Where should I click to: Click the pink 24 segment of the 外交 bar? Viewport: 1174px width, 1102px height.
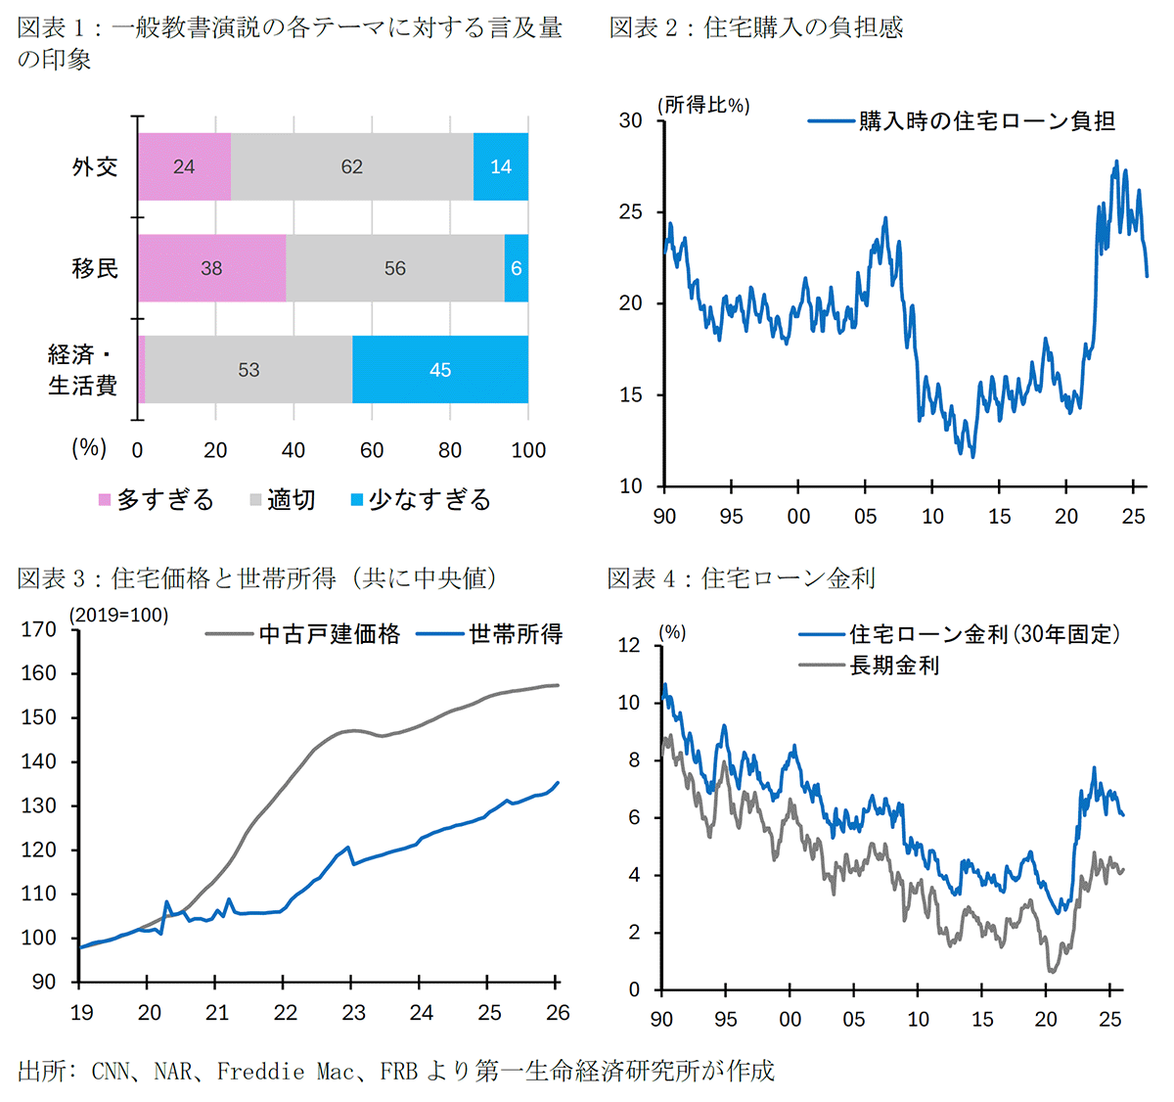click(184, 166)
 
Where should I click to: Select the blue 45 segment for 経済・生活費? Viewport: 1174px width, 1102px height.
click(440, 370)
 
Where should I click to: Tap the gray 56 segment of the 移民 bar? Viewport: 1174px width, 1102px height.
click(395, 268)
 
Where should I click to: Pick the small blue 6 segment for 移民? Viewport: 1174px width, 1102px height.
click(517, 268)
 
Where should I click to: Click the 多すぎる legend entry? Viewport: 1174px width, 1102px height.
click(157, 500)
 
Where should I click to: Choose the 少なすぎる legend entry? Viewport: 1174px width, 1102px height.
click(421, 500)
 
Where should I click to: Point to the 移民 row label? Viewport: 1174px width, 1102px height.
click(95, 268)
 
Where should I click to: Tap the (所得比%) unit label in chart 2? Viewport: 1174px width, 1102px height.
click(704, 106)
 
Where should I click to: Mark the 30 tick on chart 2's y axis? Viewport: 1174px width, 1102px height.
click(631, 120)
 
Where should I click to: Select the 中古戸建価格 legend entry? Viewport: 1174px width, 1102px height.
click(303, 634)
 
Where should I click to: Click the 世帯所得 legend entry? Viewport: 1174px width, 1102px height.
click(490, 634)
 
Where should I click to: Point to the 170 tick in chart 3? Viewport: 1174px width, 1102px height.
click(39, 629)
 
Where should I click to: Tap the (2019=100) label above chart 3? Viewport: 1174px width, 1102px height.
click(118, 616)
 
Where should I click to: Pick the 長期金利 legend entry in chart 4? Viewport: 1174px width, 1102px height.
click(870, 666)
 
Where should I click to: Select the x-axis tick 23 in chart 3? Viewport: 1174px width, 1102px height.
click(353, 1013)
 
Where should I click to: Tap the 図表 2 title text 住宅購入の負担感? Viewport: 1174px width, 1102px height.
click(803, 27)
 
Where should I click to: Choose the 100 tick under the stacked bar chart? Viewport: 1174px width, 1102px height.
click(528, 450)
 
